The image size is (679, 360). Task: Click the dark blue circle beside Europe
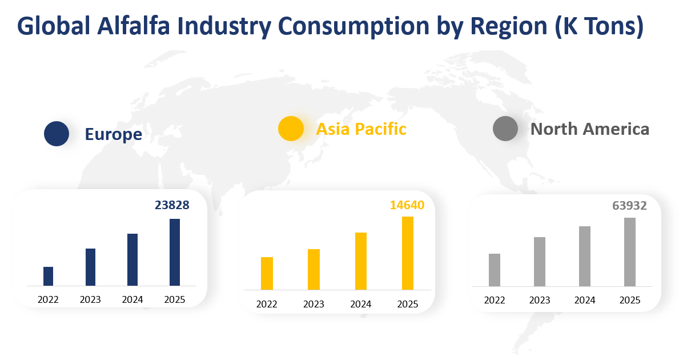click(57, 134)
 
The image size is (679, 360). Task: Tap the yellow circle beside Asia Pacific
click(291, 129)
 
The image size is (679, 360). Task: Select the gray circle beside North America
click(505, 129)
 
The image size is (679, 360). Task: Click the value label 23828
click(172, 205)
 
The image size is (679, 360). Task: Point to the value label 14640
click(407, 205)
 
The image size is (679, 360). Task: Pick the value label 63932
click(629, 206)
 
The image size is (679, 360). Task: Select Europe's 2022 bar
click(49, 276)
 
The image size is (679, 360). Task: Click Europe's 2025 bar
click(175, 252)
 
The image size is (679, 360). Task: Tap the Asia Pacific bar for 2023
click(314, 269)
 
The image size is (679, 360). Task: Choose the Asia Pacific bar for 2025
click(407, 253)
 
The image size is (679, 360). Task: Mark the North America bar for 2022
click(495, 270)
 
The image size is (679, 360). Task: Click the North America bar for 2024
click(585, 256)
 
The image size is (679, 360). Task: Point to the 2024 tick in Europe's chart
click(132, 299)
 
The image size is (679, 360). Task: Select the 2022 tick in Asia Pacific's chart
click(267, 304)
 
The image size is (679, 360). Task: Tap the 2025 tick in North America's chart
click(630, 300)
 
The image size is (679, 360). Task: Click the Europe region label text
click(113, 134)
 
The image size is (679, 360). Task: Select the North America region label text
click(589, 129)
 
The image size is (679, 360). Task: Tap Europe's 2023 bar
click(90, 267)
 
